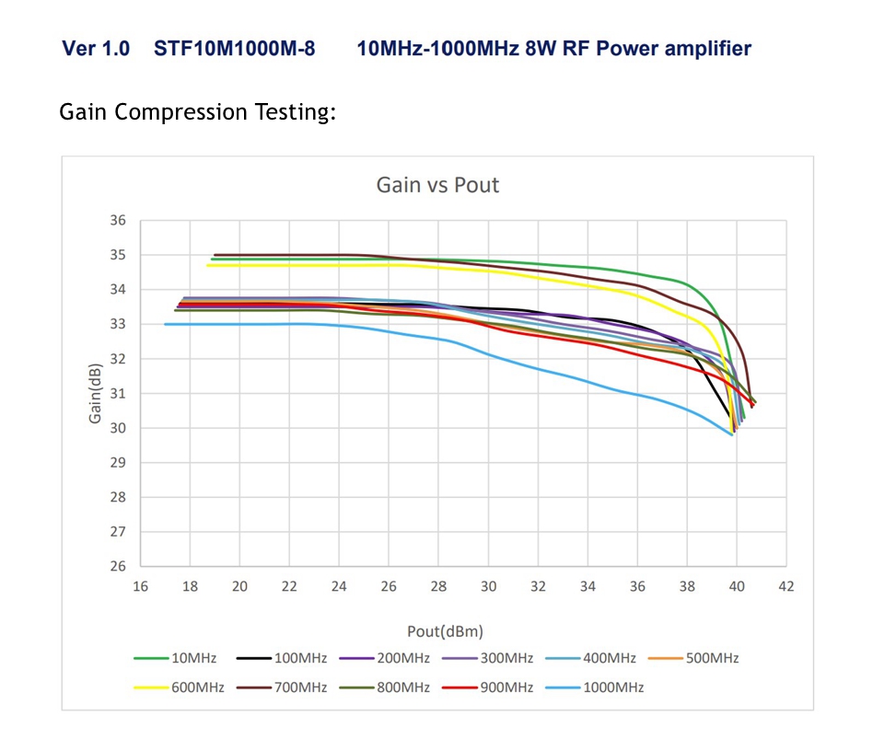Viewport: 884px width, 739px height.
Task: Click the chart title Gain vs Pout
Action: pyautogui.click(x=437, y=185)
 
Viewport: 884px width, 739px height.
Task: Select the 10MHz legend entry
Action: pyautogui.click(x=176, y=658)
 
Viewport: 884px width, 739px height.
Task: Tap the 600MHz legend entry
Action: pyautogui.click(x=176, y=687)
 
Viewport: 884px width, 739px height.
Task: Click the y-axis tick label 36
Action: pyautogui.click(x=117, y=221)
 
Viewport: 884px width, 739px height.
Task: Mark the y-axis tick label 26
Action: pyautogui.click(x=117, y=567)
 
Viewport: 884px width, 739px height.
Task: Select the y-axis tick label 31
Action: pyautogui.click(x=117, y=394)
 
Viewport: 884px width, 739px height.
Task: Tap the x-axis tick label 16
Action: pyautogui.click(x=141, y=586)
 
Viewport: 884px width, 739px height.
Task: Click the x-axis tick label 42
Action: pyautogui.click(x=786, y=586)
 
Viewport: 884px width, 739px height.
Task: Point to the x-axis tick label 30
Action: pyautogui.click(x=489, y=586)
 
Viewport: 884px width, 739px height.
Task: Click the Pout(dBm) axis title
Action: pyautogui.click(x=445, y=631)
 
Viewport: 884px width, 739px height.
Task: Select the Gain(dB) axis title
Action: pyautogui.click(x=95, y=394)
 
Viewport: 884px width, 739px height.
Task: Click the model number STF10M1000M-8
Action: pyautogui.click(x=235, y=49)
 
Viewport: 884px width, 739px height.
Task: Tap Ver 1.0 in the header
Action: pyautogui.click(x=96, y=49)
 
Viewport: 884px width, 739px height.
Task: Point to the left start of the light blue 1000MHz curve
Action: pyautogui.click(x=166, y=324)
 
